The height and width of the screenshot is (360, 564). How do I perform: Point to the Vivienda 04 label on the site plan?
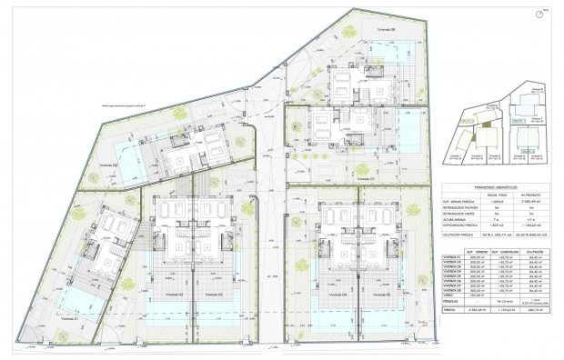click(330, 295)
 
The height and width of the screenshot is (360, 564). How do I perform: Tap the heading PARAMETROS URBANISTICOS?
click(488, 189)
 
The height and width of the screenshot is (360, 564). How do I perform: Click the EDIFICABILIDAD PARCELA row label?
click(459, 226)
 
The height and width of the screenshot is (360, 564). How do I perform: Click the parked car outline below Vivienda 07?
click(326, 173)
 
